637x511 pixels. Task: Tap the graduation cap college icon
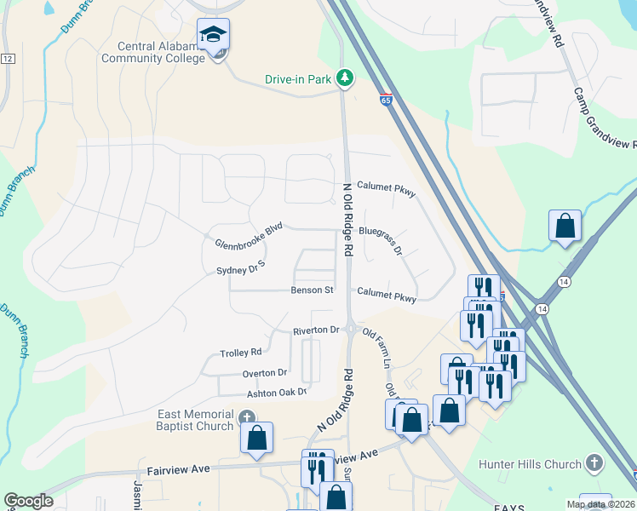[213, 34]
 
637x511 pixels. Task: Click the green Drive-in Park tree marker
[345, 78]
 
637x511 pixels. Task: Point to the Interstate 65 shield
[387, 99]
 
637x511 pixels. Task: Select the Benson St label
[312, 290]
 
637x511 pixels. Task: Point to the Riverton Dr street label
[316, 330]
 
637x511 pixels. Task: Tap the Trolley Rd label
[241, 352]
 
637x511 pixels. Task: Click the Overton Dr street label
[265, 373]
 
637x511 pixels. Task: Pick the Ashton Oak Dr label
[276, 393]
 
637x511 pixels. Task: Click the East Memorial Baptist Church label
[196, 420]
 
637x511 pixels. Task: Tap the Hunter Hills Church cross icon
[594, 463]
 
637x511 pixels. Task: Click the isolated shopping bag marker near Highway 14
[565, 227]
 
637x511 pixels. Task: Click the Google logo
[28, 501]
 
